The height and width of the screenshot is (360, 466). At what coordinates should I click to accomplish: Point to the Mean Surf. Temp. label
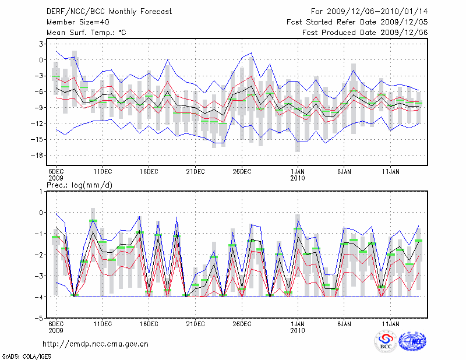[x=86, y=32]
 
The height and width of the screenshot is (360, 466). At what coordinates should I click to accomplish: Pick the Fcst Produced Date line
[x=365, y=32]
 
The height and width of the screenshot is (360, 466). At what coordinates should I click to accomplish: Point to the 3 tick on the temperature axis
[x=42, y=44]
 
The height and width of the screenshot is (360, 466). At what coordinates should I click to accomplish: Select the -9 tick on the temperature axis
[x=40, y=107]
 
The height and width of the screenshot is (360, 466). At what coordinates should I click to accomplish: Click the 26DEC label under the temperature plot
[x=242, y=171]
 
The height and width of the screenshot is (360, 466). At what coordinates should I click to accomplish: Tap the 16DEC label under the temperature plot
[x=149, y=171]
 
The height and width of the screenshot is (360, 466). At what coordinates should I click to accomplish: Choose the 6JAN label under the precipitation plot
[x=344, y=323]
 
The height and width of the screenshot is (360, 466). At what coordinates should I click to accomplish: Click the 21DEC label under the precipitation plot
[x=195, y=323]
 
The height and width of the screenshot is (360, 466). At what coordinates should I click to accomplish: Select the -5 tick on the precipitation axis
[x=40, y=318]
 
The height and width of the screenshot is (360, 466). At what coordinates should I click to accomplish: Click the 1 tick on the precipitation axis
[x=42, y=191]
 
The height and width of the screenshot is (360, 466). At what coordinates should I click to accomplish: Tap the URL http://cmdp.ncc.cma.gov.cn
[x=96, y=344]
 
